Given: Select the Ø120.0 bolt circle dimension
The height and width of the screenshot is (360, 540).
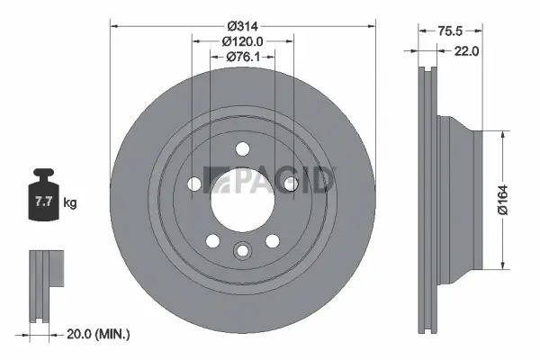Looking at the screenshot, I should click(x=242, y=40).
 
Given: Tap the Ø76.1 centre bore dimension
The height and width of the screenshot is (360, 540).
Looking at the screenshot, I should click(x=242, y=58).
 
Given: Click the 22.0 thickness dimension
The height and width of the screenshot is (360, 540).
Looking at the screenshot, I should click(x=466, y=51).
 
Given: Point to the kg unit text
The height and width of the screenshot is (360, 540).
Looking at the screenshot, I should click(x=69, y=203).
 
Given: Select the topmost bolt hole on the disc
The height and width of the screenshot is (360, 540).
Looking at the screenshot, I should click(x=242, y=151).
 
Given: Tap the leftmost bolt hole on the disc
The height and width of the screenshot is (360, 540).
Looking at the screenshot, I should click(x=195, y=184).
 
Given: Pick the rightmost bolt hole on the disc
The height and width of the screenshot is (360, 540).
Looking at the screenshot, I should click(x=289, y=184).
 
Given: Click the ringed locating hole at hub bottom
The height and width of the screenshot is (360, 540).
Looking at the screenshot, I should click(x=242, y=251).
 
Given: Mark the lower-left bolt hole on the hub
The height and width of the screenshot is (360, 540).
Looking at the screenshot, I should click(x=213, y=240).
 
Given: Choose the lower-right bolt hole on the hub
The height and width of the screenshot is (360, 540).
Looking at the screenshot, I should click(x=271, y=240).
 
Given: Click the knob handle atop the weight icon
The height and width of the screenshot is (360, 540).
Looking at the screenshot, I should click(x=42, y=173).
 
